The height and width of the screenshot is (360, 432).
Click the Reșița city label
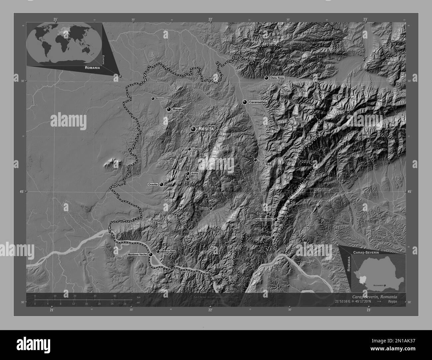tap(206, 129)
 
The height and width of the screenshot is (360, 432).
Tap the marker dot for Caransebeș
tap(245, 102)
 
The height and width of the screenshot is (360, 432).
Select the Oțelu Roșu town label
tap(277, 78)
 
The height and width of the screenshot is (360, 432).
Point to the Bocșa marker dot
tap(169, 109)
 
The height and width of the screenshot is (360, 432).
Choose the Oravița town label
tap(153, 184)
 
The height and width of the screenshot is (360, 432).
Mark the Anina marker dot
tap(188, 173)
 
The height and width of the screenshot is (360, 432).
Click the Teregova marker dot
tap(255, 160)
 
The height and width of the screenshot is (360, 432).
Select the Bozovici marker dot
tap(211, 208)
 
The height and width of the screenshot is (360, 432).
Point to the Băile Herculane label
tap(264, 220)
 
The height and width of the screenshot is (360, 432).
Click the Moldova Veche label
tap(137, 254)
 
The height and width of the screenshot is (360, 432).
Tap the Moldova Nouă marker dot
tap(158, 251)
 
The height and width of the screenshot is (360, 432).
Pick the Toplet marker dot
tap(273, 237)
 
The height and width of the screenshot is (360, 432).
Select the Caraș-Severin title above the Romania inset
tap(373, 253)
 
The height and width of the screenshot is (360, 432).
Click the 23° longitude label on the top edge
tap(365, 19)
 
